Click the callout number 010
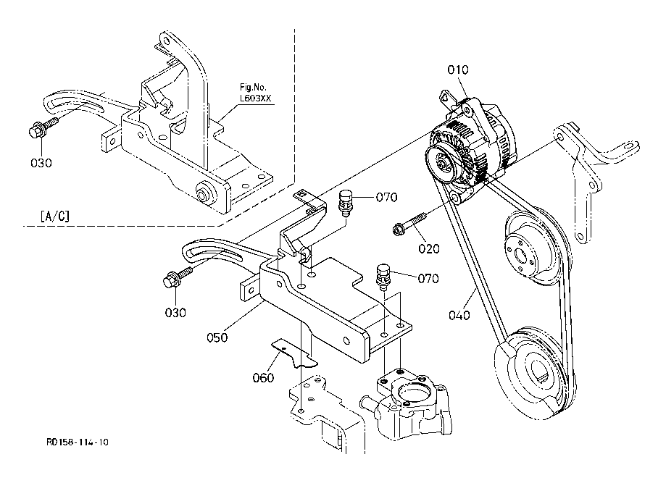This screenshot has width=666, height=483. (x=458, y=70)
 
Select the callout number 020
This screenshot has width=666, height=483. (x=429, y=248)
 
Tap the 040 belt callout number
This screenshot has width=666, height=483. (x=459, y=315)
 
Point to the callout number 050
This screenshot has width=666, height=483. (x=217, y=337)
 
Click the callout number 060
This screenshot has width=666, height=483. (x=263, y=377)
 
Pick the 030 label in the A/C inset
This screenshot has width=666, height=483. (x=41, y=162)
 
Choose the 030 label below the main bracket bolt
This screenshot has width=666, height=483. (x=175, y=312)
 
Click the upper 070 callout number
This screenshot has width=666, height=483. (x=386, y=197)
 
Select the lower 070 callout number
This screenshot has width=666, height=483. (x=428, y=278)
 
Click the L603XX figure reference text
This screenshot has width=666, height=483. (x=255, y=98)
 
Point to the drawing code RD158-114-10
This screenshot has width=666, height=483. (x=78, y=442)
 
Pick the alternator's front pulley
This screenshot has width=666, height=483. (x=443, y=163)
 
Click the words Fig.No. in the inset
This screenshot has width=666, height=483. (x=253, y=88)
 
